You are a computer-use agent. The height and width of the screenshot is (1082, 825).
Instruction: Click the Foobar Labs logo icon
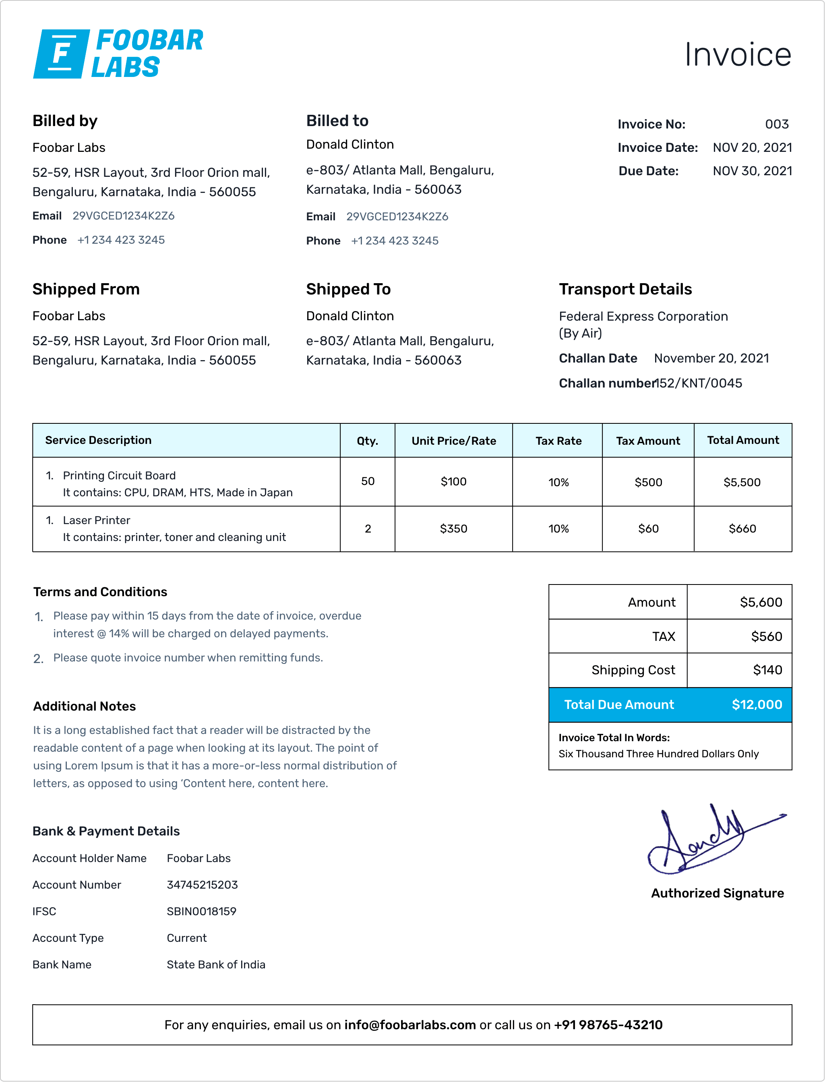61,54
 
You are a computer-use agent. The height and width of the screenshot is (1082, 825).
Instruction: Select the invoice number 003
776,124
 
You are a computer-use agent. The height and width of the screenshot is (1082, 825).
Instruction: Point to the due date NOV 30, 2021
752,171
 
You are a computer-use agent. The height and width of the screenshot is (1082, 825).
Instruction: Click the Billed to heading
337,121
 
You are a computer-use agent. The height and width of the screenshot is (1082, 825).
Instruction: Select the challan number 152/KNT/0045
699,383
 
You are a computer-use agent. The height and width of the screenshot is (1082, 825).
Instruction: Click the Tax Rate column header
558,441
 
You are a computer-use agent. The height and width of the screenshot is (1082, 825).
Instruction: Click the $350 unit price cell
453,529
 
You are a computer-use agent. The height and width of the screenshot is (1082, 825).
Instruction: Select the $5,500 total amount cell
742,483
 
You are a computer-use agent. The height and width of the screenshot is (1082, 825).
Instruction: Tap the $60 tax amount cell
648,529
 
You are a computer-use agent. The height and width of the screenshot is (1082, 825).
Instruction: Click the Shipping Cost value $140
767,670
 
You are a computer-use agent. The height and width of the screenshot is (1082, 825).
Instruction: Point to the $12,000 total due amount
756,705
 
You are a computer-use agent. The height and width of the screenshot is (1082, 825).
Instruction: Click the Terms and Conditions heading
100,592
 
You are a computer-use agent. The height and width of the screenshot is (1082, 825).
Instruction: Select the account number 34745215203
202,885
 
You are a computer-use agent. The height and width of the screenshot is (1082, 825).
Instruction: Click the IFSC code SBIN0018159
201,912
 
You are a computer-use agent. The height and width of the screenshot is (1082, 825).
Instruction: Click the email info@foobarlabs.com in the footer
409,1025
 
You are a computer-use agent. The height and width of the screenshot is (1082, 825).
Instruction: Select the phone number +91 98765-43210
608,1025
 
